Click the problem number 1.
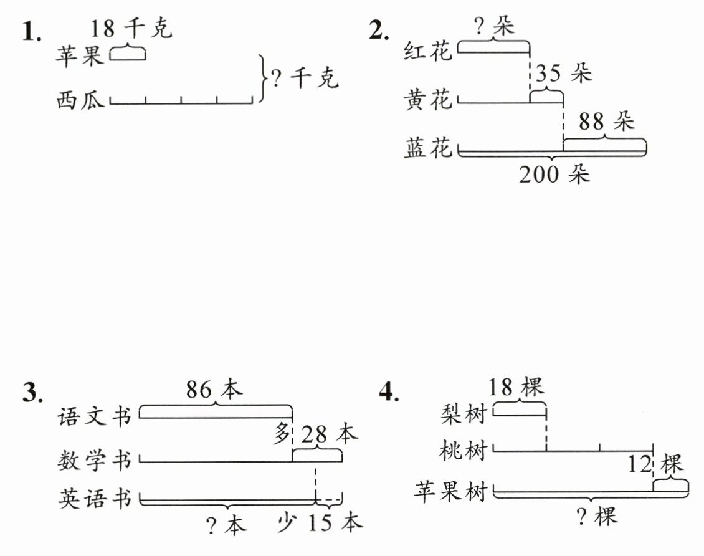(32, 32)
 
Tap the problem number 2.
(379, 31)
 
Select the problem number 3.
(33, 393)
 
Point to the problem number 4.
(389, 393)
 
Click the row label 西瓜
(80, 100)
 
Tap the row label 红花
(427, 50)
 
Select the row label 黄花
(427, 99)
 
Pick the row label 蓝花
(427, 148)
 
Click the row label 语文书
(94, 416)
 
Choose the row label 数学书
(94, 461)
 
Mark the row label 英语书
(94, 499)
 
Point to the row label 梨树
(464, 413)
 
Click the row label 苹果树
(450, 491)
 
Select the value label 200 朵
(554, 174)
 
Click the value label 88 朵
(606, 121)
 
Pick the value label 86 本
(214, 389)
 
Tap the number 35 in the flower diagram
(549, 73)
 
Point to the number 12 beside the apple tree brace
(639, 464)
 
